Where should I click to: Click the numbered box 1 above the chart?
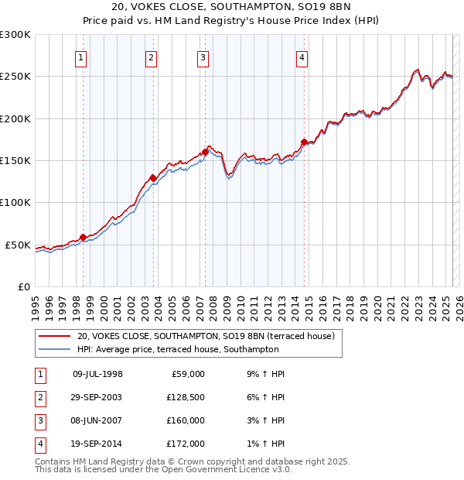pyautogui.click(x=81, y=57)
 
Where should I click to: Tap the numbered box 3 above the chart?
pyautogui.click(x=203, y=57)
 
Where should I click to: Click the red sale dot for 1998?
pyautogui.click(x=83, y=237)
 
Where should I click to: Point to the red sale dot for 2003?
pyautogui.click(x=154, y=178)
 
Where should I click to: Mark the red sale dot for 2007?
pyautogui.click(x=205, y=152)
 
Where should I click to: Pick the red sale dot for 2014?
pyautogui.click(x=305, y=142)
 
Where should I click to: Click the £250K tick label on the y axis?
pyautogui.click(x=15, y=77)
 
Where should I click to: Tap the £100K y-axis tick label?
pyautogui.click(x=15, y=202)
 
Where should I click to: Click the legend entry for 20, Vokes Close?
pyautogui.click(x=205, y=336)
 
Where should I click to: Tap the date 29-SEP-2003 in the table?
pyautogui.click(x=97, y=397)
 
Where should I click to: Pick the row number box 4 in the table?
pyautogui.click(x=39, y=444)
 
